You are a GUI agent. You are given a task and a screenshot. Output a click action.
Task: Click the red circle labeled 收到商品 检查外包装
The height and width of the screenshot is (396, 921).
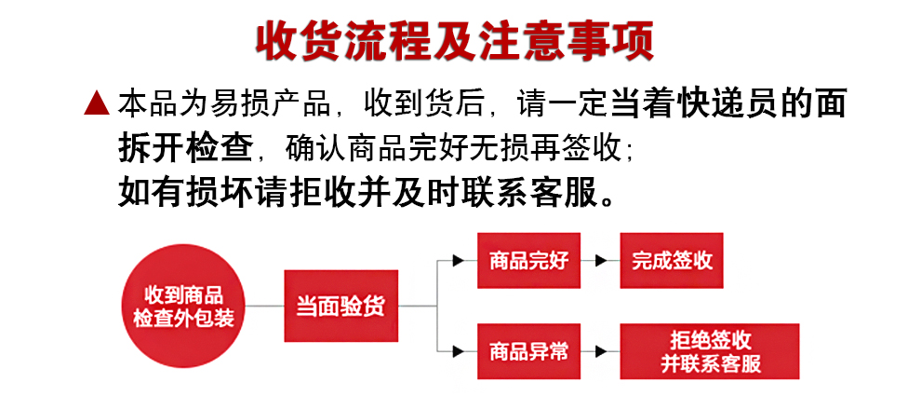point(183,306)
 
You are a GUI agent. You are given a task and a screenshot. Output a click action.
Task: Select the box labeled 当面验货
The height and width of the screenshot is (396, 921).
point(340,306)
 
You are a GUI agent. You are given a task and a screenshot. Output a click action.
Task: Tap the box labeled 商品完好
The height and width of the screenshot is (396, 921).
point(528,260)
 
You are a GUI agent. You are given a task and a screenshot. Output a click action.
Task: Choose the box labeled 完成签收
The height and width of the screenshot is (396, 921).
point(672,260)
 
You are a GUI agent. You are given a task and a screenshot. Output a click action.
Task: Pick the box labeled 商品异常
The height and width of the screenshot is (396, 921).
point(528,351)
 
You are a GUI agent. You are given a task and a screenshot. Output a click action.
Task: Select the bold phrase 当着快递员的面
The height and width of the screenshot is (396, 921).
point(727,103)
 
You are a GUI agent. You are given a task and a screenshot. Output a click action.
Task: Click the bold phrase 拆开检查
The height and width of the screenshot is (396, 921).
point(185,147)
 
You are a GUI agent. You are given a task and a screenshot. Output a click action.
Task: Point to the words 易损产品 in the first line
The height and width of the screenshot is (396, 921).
point(283,103)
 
